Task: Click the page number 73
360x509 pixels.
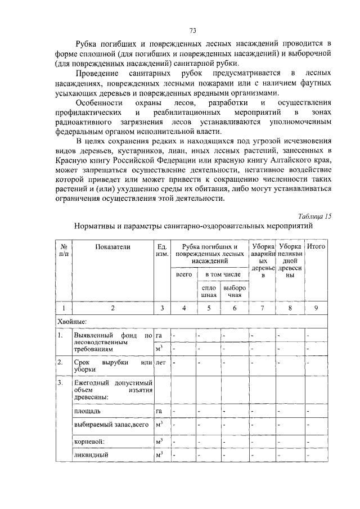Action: click(x=192, y=30)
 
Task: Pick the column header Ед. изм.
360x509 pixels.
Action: click(x=162, y=251)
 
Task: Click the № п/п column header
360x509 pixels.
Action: click(x=64, y=251)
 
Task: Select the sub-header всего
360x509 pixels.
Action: click(x=184, y=274)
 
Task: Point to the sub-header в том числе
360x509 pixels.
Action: click(x=222, y=274)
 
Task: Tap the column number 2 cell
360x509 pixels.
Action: click(x=112, y=308)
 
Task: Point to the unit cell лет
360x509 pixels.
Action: click(x=161, y=363)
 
